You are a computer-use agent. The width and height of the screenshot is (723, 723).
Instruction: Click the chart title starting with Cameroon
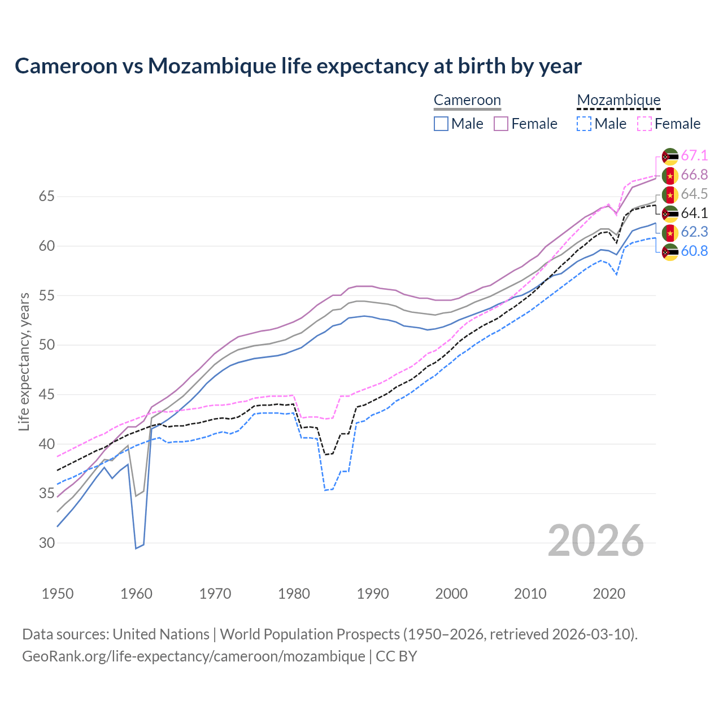coord(298,66)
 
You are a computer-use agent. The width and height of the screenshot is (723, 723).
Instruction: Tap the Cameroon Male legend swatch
coord(441,124)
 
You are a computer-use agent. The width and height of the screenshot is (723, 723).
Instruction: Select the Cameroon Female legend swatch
coord(502,124)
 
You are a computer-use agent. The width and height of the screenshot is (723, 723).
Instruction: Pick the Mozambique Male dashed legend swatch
coord(584,124)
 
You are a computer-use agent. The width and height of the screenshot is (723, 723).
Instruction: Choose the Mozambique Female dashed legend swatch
coord(644,124)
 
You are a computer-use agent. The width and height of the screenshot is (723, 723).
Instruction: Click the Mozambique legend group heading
coord(619,100)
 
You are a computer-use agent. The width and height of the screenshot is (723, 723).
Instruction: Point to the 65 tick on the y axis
coord(47,197)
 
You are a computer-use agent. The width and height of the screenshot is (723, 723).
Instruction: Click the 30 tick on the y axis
coord(47,543)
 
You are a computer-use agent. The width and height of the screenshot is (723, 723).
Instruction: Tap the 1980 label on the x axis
coord(294,594)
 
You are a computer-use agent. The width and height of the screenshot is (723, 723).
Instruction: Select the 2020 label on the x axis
coord(609,594)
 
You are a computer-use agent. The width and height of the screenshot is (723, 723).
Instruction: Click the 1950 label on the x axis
coord(58,594)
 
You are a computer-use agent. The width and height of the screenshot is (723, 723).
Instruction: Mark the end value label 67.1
coord(694,155)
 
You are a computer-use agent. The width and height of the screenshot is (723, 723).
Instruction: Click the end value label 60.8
coord(694,251)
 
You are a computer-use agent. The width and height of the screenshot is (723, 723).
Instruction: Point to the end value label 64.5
coord(694,194)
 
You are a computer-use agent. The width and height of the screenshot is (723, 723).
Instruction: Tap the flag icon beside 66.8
coord(670,176)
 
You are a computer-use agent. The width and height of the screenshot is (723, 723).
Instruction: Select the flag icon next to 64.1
coord(670,214)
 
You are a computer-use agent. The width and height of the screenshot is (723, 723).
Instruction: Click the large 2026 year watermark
coord(596,541)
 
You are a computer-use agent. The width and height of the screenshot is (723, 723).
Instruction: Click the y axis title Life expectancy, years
coord(24,361)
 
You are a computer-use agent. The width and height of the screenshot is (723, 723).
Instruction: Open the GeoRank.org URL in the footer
coord(194,656)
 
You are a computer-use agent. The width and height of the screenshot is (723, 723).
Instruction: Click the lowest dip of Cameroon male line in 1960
coord(136,548)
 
